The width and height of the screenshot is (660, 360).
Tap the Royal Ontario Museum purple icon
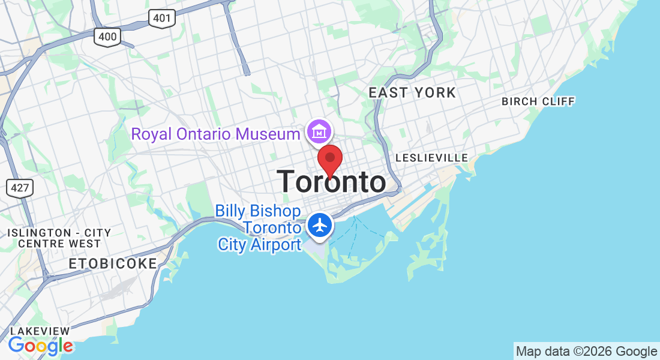point(320,131)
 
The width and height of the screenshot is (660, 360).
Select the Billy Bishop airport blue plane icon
point(321,226)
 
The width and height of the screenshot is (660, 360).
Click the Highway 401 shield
point(162,18)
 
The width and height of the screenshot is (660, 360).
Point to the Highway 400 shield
point(108,37)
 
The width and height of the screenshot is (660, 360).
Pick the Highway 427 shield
point(20,188)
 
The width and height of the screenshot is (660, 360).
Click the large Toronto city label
point(331,182)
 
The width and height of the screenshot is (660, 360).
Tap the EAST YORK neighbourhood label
point(412,93)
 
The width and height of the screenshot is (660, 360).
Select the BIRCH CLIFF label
point(538,101)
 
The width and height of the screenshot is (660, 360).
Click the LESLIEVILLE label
point(431,158)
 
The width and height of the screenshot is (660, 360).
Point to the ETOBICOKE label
point(113,263)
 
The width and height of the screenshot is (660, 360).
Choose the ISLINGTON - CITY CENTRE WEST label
point(59,238)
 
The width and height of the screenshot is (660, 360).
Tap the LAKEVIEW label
point(40,331)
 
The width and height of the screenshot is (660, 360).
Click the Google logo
point(41,346)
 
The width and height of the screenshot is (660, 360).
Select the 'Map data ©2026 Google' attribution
point(586,352)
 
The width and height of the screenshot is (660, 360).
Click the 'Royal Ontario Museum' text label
point(215,134)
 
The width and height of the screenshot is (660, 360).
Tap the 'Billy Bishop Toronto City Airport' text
point(259,228)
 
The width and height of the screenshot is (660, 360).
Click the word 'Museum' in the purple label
point(268,134)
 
